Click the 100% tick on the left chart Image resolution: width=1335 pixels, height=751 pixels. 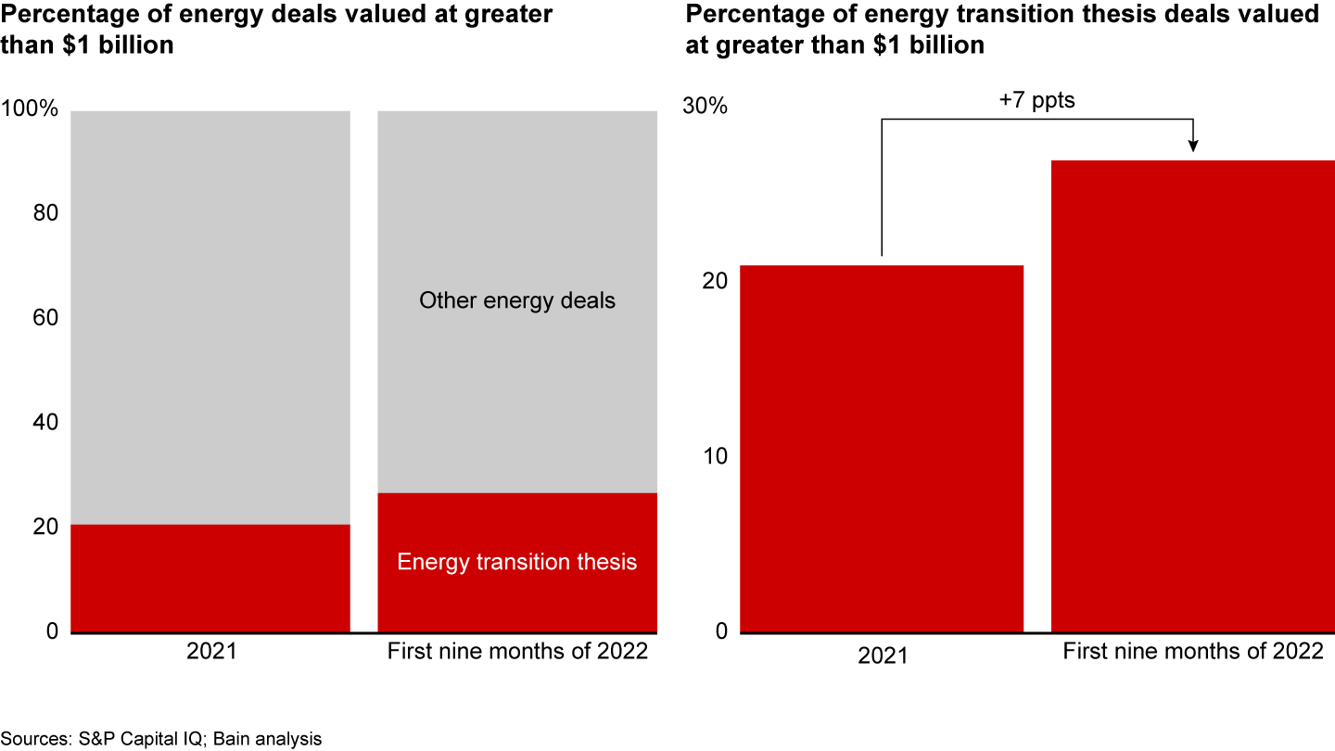(31, 110)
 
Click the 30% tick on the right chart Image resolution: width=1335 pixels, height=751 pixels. (706, 106)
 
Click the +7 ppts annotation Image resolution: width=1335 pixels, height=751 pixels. (1036, 100)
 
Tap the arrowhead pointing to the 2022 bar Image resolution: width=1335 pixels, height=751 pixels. (1193, 146)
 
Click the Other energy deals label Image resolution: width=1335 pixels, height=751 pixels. (516, 300)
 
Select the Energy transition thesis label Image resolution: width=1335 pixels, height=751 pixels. (516, 562)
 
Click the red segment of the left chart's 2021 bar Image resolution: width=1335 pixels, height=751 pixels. (210, 579)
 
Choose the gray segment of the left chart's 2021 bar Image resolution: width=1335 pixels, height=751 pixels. (210, 315)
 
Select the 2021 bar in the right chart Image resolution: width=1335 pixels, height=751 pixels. (882, 449)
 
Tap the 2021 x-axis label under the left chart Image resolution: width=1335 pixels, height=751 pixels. (211, 651)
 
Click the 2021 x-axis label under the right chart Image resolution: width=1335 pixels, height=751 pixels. (883, 656)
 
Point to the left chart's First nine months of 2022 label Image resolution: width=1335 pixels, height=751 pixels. (516, 651)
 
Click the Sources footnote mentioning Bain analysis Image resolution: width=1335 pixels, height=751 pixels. (161, 739)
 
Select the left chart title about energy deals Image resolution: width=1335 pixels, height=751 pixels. (277, 29)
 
